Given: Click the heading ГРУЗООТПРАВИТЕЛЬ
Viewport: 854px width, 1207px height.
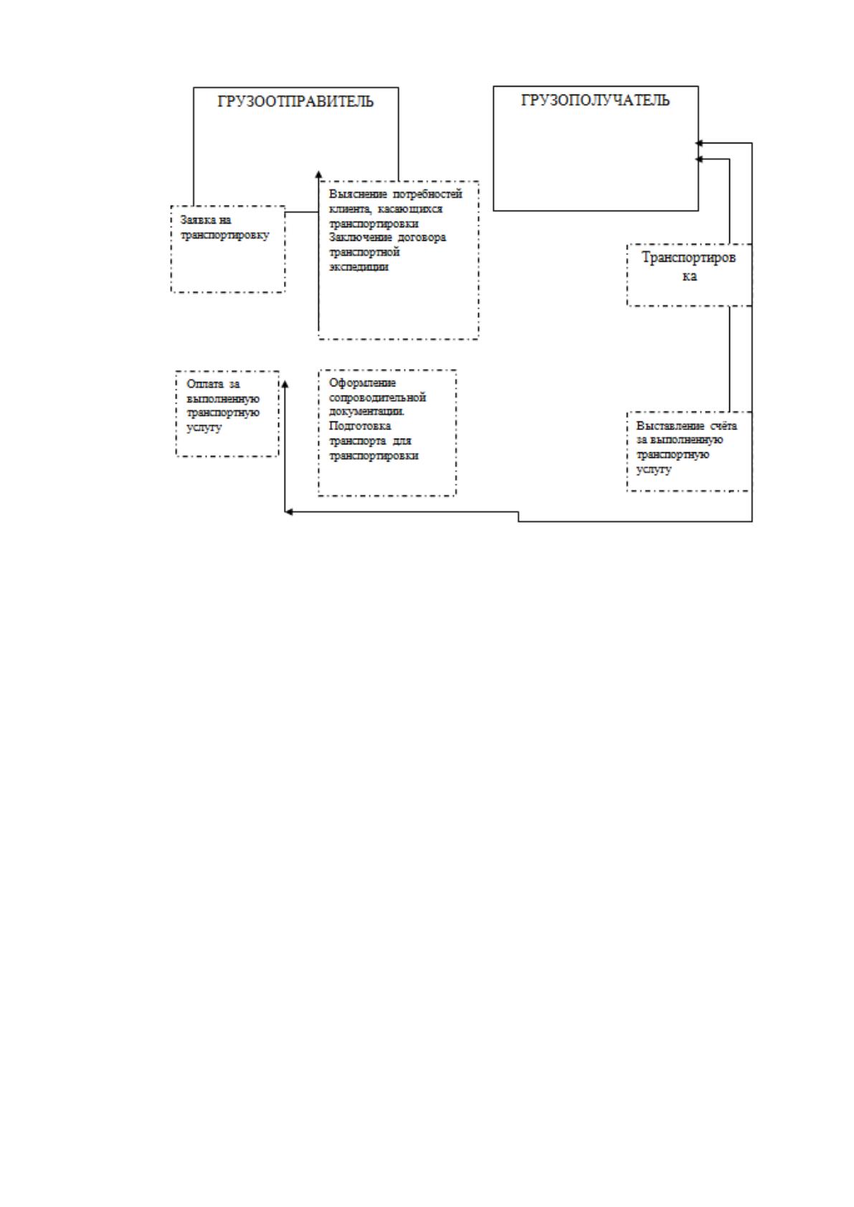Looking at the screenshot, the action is [x=295, y=101].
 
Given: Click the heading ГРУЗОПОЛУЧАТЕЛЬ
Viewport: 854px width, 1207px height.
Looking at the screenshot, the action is [x=595, y=100].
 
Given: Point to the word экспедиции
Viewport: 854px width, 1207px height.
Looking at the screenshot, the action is [x=359, y=267].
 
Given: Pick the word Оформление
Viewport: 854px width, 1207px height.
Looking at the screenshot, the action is [x=362, y=383].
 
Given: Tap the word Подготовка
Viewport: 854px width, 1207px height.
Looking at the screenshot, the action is [x=360, y=426].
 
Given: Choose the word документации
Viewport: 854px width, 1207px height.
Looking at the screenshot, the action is [x=366, y=411].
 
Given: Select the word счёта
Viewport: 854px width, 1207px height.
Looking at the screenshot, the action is [x=723, y=426].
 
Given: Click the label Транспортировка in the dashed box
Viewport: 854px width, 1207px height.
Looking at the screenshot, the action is [x=688, y=267].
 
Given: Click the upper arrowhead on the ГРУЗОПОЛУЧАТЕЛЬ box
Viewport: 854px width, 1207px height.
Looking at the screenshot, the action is [x=699, y=143].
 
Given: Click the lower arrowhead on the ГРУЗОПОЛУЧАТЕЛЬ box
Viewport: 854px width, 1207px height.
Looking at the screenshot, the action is [x=699, y=159].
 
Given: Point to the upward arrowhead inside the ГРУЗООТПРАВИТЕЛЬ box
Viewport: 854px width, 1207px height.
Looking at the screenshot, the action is [x=318, y=175].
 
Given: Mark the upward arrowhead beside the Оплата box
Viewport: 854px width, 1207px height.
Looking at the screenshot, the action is [x=285, y=383].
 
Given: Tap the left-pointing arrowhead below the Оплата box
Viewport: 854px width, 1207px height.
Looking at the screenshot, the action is [x=288, y=512].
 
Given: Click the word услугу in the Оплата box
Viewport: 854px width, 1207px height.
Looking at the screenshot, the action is [x=204, y=428].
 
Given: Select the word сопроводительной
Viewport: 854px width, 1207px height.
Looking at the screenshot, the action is [x=377, y=398].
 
